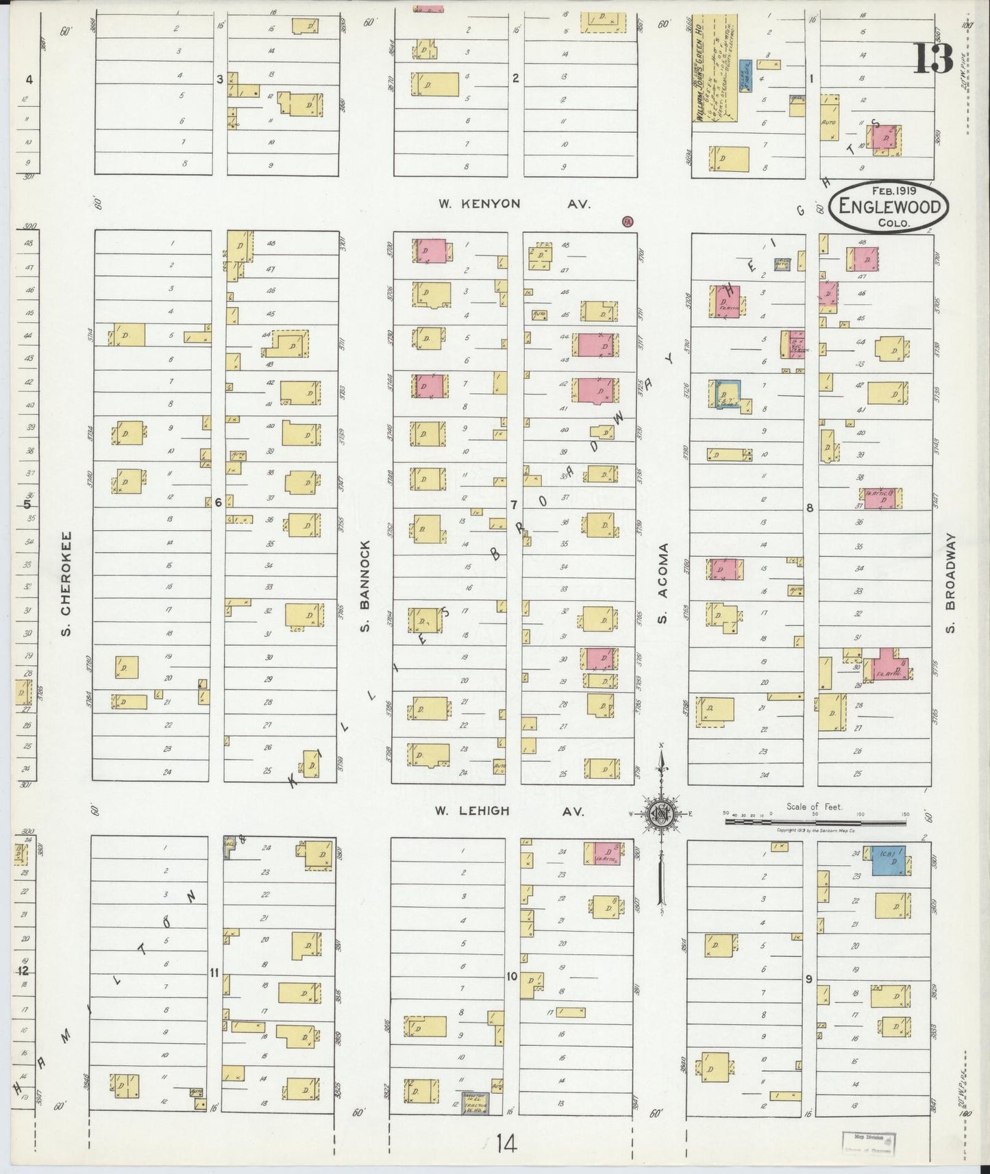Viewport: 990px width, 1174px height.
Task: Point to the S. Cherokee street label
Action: coord(66,582)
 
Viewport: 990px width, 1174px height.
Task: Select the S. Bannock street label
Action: coord(365,586)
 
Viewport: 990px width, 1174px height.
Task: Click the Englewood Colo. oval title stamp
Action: coord(889,206)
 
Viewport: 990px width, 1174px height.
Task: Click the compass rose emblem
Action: coord(660,813)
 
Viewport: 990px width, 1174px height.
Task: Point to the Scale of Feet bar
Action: coord(815,817)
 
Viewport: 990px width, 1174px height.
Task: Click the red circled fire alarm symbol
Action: coord(626,221)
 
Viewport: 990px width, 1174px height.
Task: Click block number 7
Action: coord(512,505)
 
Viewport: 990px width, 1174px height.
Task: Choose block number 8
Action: coord(809,508)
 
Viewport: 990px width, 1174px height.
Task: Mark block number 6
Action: coord(218,503)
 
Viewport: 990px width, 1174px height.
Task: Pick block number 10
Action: coord(511,976)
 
